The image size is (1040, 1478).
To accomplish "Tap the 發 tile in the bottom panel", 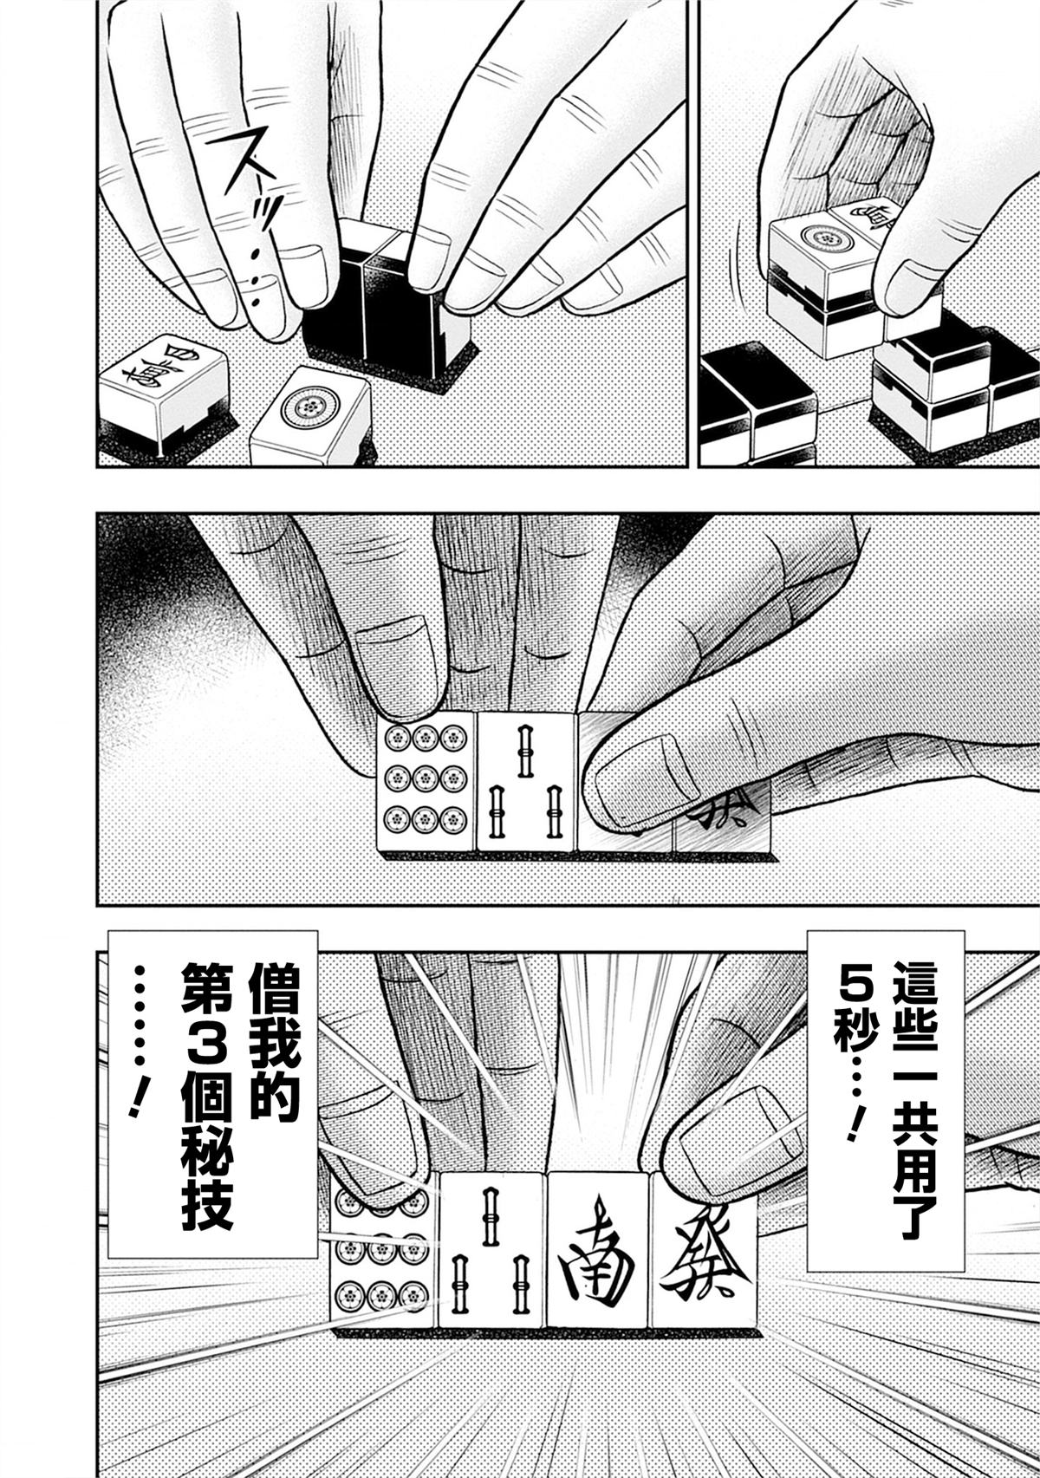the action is click(704, 1250).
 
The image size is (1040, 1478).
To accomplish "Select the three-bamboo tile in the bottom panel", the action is click(491, 1250).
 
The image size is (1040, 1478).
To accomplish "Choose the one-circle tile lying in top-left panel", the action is click(310, 416).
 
